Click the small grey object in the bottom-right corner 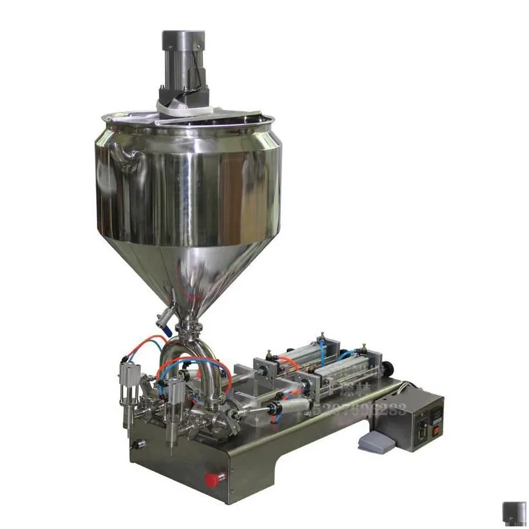click(513, 513)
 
